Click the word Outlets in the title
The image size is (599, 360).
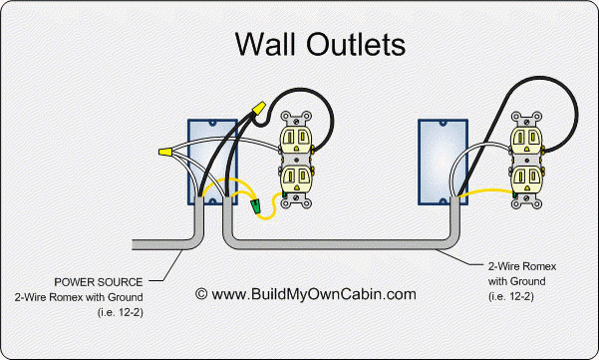coord(356,44)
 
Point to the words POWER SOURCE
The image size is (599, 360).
coord(100,281)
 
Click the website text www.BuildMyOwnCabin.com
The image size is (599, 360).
coord(312,294)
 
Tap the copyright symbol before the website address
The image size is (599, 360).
coord(201,294)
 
